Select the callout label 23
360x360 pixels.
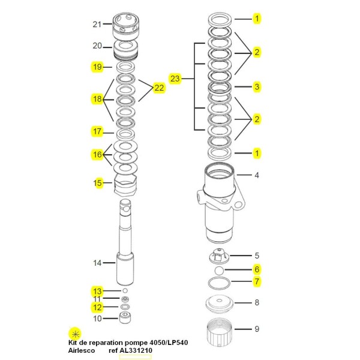(175, 79)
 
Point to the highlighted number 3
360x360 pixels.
(257, 87)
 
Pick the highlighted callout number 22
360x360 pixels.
(159, 88)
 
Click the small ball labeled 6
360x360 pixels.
(220, 271)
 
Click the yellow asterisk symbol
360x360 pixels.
(75, 333)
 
